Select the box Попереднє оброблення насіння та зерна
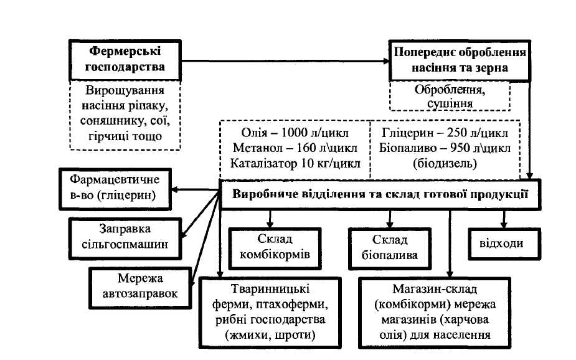(459, 60)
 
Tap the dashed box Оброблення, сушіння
(449, 96)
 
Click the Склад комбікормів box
(274, 247)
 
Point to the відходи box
(501, 244)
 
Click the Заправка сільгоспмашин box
(124, 237)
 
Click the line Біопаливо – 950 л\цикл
(445, 149)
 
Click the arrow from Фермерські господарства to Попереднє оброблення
(280, 62)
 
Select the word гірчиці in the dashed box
(103, 136)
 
